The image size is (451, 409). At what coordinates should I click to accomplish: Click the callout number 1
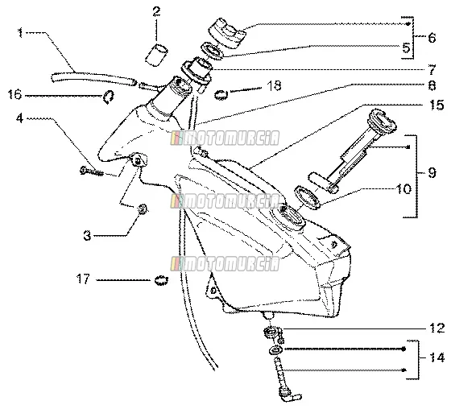[20, 32]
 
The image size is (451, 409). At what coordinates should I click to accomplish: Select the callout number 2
[156, 11]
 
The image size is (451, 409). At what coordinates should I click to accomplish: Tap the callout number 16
[15, 94]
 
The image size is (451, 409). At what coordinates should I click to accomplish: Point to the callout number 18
[274, 85]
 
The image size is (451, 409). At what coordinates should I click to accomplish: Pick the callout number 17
[83, 279]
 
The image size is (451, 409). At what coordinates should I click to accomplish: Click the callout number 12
[437, 328]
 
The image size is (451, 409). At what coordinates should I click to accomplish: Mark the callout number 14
[437, 357]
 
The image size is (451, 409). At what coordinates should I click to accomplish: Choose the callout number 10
[403, 189]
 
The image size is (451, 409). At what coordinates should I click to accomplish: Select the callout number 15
[437, 105]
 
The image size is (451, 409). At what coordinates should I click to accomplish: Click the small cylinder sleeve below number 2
[156, 55]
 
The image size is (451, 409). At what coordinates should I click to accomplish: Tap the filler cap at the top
[227, 32]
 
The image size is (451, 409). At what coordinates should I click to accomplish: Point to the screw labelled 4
[91, 171]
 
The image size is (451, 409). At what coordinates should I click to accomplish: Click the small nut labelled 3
[143, 209]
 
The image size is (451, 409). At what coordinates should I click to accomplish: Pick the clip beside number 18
[221, 95]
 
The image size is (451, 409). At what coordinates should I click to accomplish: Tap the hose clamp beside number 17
[161, 280]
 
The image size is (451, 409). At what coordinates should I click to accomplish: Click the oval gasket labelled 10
[308, 197]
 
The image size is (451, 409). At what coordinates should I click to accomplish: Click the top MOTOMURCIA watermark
[225, 138]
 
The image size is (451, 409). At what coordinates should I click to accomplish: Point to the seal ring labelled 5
[213, 52]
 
